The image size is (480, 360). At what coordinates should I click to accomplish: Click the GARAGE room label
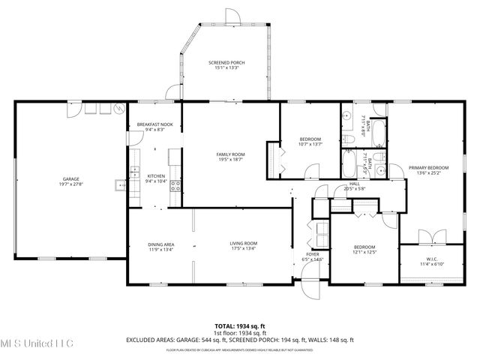click(x=71, y=178)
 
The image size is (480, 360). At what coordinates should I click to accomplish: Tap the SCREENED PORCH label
click(x=226, y=63)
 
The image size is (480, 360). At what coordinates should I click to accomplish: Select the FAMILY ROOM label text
click(x=231, y=154)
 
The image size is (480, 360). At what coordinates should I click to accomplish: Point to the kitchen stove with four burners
click(x=175, y=186)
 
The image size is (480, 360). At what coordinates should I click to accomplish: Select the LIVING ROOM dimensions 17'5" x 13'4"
click(x=243, y=249)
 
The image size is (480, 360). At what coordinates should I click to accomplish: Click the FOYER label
click(x=313, y=255)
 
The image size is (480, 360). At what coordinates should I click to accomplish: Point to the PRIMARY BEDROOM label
click(x=428, y=167)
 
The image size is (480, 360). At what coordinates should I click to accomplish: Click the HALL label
click(x=354, y=184)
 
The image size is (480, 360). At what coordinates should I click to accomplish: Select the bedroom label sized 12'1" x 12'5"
click(x=364, y=247)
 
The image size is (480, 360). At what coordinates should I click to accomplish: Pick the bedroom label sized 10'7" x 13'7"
click(x=310, y=139)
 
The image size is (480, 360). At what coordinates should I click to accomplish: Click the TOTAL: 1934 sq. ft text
click(x=240, y=327)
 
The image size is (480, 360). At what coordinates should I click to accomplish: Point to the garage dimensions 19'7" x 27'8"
click(x=71, y=184)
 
